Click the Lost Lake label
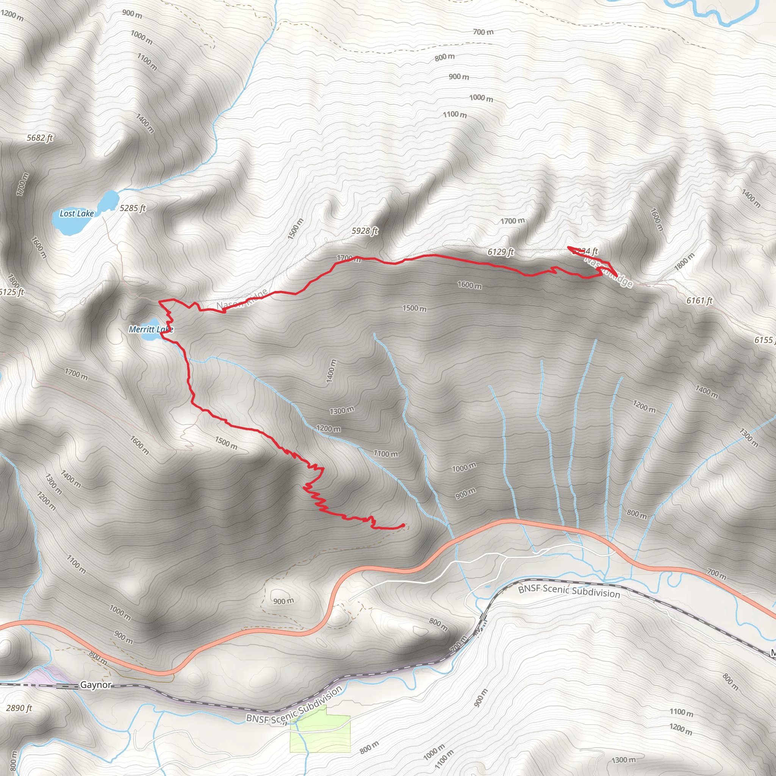(x=76, y=213)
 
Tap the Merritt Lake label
(x=151, y=329)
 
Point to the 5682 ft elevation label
(x=40, y=138)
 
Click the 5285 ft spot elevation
(x=133, y=208)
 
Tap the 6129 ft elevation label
(x=501, y=252)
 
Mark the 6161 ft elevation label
(x=699, y=300)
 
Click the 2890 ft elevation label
(x=19, y=708)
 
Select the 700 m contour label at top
(x=483, y=32)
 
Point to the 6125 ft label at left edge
(x=12, y=292)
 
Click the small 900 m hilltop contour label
(x=283, y=601)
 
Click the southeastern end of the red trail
(x=403, y=525)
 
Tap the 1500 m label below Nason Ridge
(x=415, y=308)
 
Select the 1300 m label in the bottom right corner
(x=624, y=760)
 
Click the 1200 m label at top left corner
(x=12, y=15)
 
